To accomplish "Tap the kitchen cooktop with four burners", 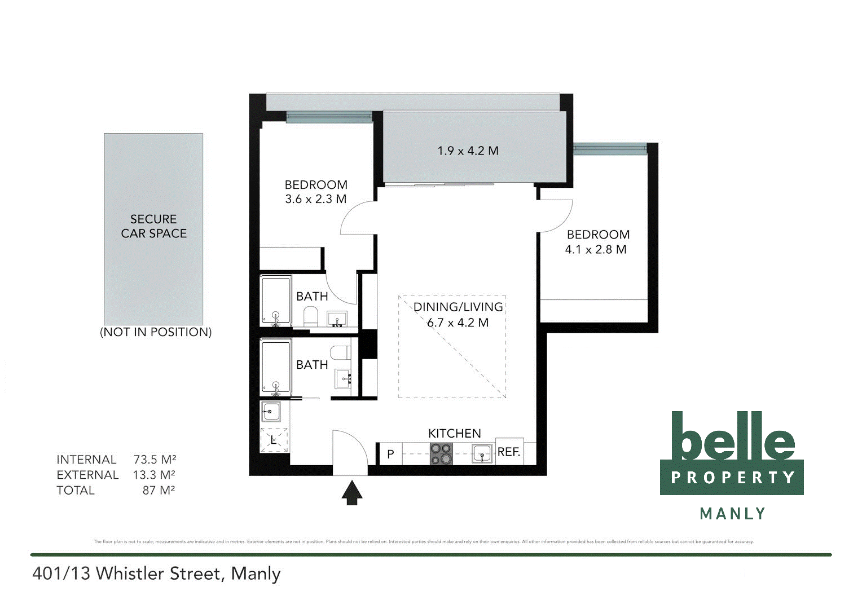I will coord(441,453).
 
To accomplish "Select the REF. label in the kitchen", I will coord(508,452).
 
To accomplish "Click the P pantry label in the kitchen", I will coord(390,454).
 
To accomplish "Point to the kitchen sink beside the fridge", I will coord(482,453).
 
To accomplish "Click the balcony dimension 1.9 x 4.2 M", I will coord(468,151).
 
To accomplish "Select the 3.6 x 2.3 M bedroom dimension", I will coord(315,199).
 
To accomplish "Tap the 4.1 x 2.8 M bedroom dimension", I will coord(596,249).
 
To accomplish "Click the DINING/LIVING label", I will coord(458,307).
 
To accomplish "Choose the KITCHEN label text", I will coord(454,433).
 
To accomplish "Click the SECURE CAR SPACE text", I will coord(153,226).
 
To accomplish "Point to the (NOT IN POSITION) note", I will coord(156,332).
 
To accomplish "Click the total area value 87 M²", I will coord(159,491).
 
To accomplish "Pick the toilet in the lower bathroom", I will coord(340,353).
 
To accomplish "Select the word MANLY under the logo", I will coord(732,514).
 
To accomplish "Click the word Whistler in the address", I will coord(156,573).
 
